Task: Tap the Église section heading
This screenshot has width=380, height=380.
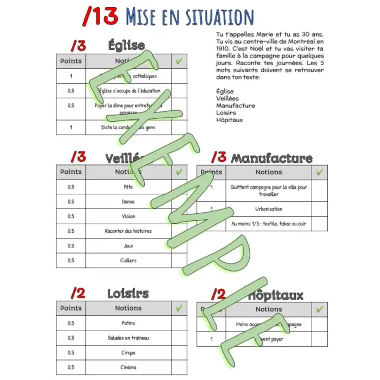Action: point(126,45)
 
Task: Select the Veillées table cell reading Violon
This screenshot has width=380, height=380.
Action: point(128,216)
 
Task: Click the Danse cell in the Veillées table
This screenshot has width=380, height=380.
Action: point(128,201)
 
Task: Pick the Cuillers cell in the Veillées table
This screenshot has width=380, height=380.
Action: point(128,261)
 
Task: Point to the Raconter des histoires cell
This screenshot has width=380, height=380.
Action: point(128,231)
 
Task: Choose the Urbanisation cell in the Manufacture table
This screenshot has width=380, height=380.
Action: point(269,209)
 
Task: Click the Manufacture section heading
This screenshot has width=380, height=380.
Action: point(271,158)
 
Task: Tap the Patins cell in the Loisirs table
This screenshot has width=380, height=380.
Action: point(128,323)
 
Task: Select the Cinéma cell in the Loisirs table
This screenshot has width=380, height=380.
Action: point(128,368)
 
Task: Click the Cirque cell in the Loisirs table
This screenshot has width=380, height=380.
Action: point(128,353)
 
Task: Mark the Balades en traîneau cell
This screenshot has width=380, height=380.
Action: point(128,338)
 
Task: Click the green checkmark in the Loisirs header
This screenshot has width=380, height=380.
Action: point(179,308)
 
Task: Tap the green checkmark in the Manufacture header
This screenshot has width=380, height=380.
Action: point(320,172)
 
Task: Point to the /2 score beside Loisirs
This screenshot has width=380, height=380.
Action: point(78,294)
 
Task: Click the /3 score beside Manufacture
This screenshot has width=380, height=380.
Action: point(218,157)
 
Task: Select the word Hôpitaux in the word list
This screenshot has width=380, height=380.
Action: point(229,120)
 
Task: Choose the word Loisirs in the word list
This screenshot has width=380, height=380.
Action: point(227,113)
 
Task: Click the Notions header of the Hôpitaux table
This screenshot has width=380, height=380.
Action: point(269,309)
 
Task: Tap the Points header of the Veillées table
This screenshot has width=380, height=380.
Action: point(71,172)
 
